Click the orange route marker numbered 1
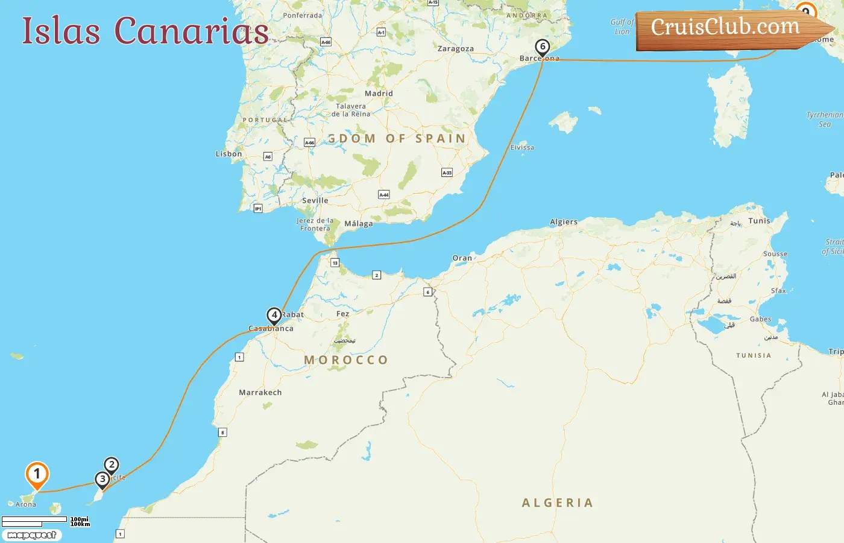(37, 475)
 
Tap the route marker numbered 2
(111, 465)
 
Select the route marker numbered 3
(102, 480)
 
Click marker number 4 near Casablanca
(274, 315)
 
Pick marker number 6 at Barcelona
(543, 47)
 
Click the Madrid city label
(379, 94)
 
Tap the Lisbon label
(229, 154)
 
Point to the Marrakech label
(260, 392)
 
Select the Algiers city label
(564, 222)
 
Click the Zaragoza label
(456, 49)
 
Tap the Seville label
(315, 200)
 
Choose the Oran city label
(462, 258)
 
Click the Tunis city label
(759, 221)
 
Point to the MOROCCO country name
(346, 360)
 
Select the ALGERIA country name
(558, 503)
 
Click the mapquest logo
(31, 535)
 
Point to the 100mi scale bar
(34, 519)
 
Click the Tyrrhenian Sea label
(825, 119)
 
